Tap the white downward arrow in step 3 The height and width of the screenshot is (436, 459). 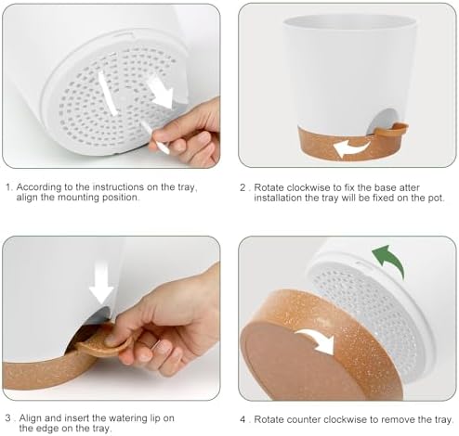(101, 284)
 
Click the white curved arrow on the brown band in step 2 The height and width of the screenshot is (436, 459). (351, 147)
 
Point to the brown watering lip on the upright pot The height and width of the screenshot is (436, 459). (391, 130)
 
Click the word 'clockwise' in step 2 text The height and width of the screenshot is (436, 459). (309, 187)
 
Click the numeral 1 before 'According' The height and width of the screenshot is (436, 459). (9, 187)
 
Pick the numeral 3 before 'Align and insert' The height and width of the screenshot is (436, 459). (8, 418)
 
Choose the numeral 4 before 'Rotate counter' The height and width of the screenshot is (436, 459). (243, 419)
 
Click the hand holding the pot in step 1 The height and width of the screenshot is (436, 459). (186, 133)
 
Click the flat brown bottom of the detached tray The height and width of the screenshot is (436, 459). (297, 362)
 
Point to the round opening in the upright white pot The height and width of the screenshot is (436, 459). (378, 122)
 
